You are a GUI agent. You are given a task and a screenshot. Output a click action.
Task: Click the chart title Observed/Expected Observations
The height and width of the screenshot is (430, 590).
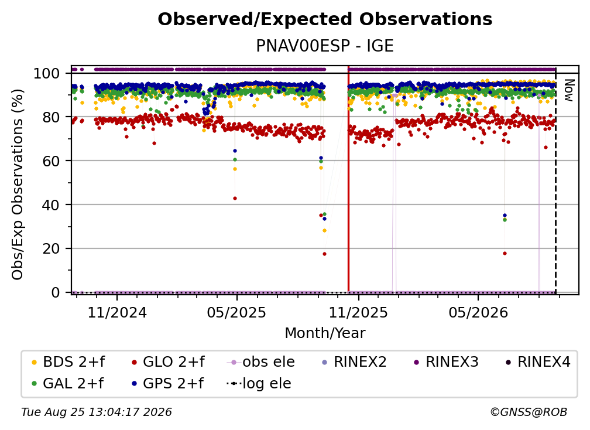point(325,19)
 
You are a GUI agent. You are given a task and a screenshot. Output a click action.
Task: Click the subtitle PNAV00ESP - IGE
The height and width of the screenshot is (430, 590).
point(325,46)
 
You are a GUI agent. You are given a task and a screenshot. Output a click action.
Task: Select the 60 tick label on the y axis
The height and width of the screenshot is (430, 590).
point(51,161)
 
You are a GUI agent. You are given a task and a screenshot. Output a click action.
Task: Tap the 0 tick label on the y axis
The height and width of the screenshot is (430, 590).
point(56,292)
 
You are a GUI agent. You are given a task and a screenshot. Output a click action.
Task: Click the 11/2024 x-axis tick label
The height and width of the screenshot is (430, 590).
point(117,312)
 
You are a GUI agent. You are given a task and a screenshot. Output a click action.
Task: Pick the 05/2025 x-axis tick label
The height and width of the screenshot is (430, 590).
point(236,312)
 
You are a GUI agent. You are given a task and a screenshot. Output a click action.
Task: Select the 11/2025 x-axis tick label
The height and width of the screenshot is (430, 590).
point(358,312)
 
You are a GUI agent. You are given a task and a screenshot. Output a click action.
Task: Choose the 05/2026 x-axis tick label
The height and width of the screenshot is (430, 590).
point(478,312)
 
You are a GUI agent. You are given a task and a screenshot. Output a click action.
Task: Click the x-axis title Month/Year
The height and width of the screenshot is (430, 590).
point(325,333)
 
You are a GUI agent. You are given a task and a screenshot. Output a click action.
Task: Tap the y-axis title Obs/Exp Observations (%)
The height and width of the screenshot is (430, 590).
point(18,184)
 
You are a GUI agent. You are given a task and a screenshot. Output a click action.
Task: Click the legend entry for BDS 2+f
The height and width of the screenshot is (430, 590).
point(68,362)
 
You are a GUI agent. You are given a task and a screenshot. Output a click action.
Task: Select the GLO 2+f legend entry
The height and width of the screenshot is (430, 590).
point(168,362)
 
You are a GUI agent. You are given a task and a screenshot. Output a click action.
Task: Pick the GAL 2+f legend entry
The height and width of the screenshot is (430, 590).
point(67,384)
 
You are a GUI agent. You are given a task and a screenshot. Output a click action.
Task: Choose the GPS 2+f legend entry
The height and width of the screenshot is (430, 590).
point(167,384)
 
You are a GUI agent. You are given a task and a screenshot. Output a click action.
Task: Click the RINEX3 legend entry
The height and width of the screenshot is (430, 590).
point(446,362)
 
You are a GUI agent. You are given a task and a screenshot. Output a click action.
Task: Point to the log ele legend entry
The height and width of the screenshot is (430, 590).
point(259,384)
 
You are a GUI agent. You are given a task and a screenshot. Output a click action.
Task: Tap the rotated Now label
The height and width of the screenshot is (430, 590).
point(568,90)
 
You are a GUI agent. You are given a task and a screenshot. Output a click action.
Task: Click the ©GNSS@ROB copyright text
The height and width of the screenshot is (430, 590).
point(529,412)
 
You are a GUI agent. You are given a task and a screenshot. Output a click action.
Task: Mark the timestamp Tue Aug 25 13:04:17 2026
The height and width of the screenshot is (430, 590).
point(97,412)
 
